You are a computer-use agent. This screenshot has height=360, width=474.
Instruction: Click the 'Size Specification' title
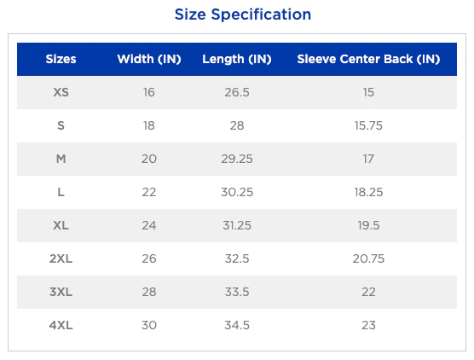point(243,15)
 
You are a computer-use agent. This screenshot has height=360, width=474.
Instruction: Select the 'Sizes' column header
point(61,59)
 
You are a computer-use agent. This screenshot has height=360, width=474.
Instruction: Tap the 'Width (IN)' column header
point(149,59)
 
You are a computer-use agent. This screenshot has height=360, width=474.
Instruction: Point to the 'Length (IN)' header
point(237,60)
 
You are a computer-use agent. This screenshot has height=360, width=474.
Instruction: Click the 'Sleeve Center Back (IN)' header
point(368,59)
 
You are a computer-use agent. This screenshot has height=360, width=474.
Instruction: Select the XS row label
point(61,92)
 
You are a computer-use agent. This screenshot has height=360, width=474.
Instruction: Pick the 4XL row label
point(61,325)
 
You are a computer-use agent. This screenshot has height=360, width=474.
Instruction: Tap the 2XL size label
point(61,258)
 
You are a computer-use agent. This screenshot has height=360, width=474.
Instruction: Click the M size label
point(61,159)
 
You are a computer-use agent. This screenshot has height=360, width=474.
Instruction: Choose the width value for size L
point(149,192)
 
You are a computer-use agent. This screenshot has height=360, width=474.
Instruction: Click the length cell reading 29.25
point(237,159)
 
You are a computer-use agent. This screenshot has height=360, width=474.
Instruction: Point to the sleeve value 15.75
point(368,125)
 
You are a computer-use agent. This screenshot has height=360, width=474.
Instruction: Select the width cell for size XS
point(149,92)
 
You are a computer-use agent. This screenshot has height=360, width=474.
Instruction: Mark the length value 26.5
point(237,92)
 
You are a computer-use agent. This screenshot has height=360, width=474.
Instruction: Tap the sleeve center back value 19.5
point(368,225)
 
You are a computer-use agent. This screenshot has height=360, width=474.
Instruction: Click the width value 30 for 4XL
point(149,325)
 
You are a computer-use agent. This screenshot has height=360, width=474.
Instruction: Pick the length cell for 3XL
point(237,292)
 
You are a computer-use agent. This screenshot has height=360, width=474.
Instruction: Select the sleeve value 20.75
point(368,258)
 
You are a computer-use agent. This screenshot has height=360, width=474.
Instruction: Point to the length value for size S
point(237,125)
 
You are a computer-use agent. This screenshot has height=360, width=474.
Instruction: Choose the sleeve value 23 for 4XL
point(368,325)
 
